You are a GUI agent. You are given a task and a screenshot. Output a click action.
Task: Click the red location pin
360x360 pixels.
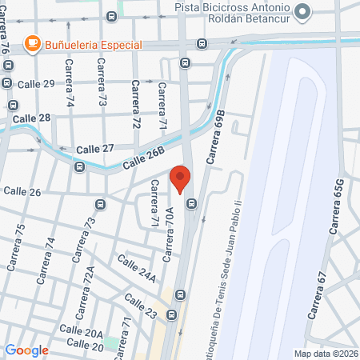click(180, 178)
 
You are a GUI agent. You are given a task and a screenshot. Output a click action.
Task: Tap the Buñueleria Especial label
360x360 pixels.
click(92, 44)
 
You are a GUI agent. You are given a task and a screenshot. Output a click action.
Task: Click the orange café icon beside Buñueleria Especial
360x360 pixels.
click(32, 43)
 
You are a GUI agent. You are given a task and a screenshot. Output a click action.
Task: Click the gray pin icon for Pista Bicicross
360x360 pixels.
click(302, 12)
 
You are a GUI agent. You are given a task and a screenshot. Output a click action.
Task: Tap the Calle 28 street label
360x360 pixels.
click(34, 118)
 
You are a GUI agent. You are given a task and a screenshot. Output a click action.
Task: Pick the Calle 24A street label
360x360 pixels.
click(136, 269)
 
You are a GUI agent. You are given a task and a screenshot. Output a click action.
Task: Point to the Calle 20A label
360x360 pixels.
click(82, 333)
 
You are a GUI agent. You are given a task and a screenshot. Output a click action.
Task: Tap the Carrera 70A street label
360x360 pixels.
click(169, 234)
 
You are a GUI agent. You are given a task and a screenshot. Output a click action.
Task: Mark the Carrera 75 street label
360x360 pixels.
click(15, 245)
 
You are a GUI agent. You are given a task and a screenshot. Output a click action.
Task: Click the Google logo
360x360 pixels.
click(26, 350)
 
